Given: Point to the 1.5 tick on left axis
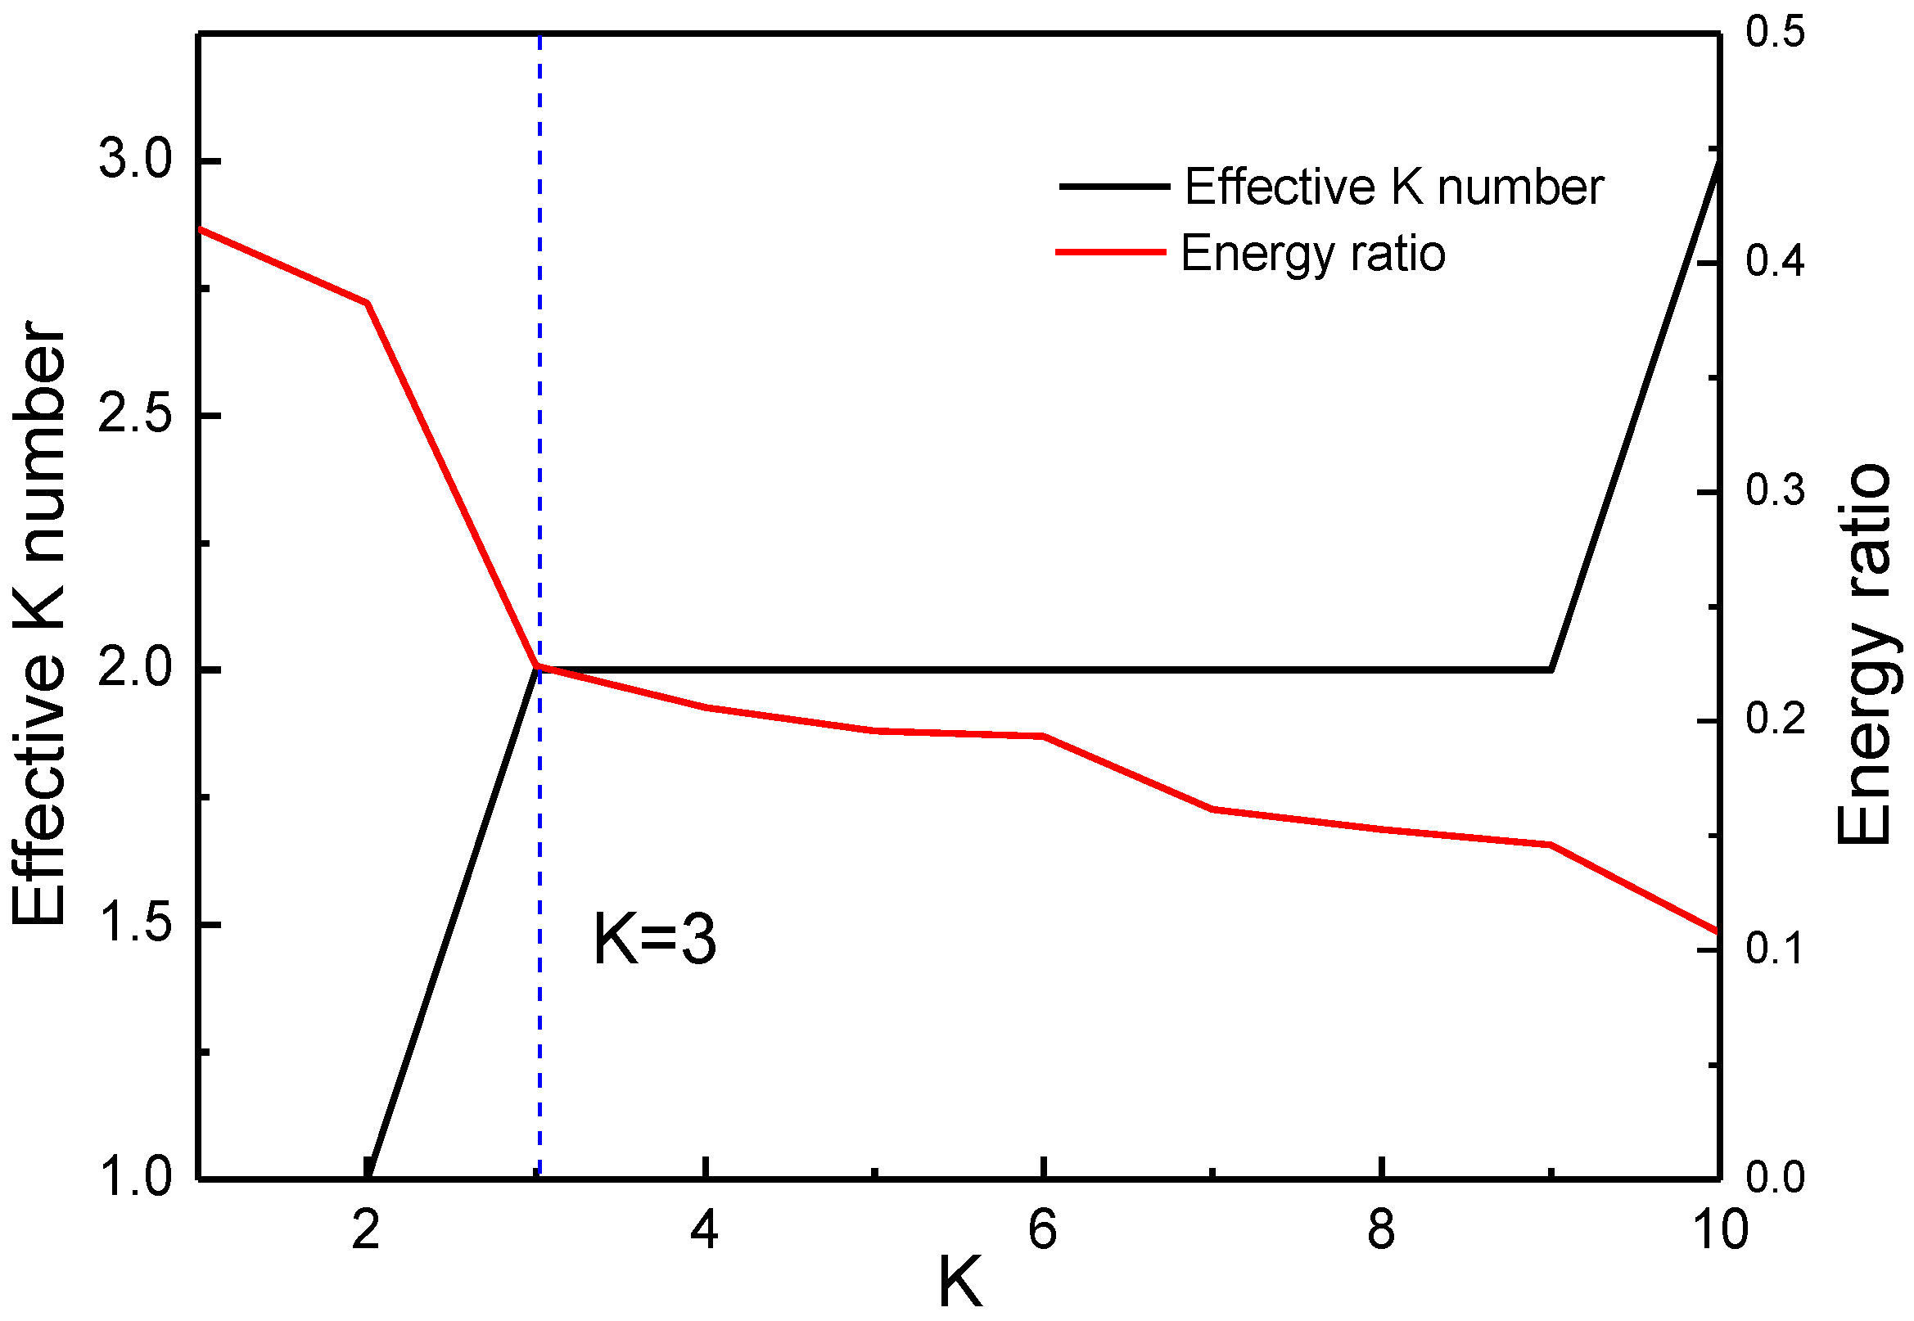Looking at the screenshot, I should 135,925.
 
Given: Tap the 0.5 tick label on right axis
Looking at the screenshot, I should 1775,33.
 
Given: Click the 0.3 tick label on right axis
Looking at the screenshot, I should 1775,490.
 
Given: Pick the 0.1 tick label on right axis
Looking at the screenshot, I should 1775,948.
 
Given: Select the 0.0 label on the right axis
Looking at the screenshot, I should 1775,1178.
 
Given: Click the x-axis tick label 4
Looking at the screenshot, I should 704,1231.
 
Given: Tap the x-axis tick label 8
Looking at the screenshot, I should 1381,1231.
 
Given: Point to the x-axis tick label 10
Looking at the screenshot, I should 1720,1231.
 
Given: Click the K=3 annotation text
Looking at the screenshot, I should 654,940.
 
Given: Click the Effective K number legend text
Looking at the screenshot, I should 1394,187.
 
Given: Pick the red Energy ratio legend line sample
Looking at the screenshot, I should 1111,251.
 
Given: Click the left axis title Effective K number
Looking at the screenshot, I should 40,622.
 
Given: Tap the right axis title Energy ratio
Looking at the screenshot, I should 1864,654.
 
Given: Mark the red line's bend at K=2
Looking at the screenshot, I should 367,303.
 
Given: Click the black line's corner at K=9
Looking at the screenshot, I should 1551,670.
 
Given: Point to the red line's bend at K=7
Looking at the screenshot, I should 1212,809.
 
